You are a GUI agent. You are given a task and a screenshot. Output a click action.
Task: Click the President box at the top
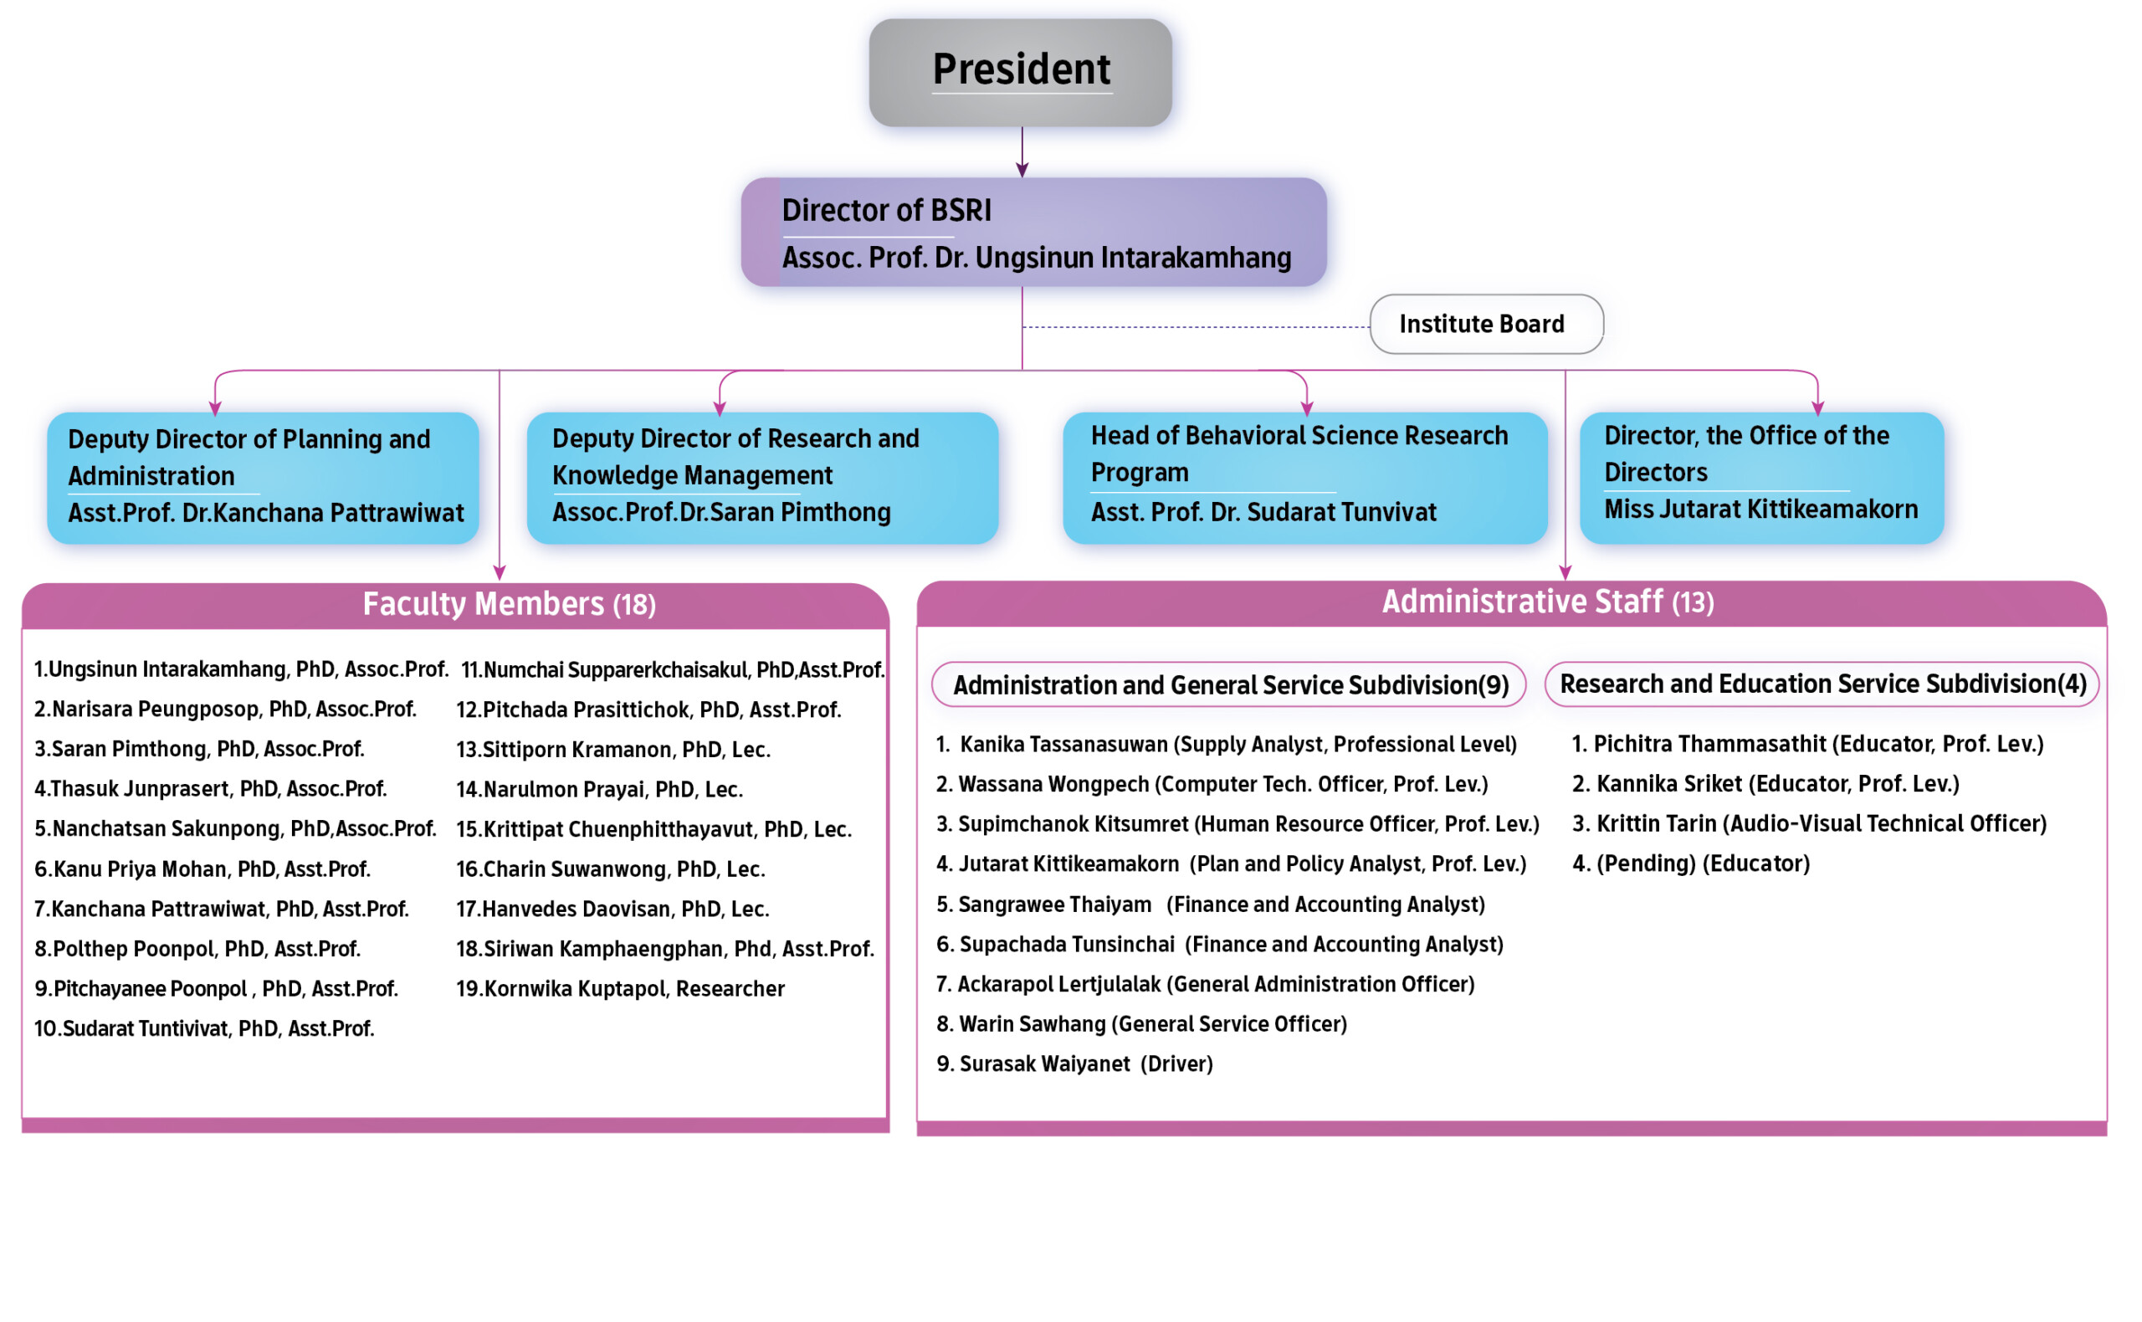1020,73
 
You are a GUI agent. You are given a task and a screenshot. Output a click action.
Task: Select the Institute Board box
1486,325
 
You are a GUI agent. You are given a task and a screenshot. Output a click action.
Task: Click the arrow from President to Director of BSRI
1022,152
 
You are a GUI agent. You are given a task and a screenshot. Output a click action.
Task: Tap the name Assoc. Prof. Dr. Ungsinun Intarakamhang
1036,258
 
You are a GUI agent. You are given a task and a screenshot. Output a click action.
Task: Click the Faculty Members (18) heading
509,604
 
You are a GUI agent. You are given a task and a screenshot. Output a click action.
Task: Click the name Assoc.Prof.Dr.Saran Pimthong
721,512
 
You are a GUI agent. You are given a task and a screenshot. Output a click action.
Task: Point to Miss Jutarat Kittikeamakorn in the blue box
1760,510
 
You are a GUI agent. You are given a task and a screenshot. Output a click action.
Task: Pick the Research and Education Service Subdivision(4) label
1822,684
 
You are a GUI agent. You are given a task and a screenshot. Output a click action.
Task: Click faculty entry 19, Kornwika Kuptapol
620,989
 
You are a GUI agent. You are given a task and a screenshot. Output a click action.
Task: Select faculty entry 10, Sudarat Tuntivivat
203,1029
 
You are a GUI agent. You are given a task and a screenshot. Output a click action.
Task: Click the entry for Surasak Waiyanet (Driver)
1074,1064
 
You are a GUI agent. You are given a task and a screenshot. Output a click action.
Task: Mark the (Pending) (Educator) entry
1691,863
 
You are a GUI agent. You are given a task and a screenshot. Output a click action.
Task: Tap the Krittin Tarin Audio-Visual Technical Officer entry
1809,823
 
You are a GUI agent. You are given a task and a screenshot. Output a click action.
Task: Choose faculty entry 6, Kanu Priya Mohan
202,869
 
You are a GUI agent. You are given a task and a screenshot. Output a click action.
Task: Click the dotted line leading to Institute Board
1196,327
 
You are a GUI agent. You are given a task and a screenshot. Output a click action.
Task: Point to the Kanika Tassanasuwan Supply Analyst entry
1226,744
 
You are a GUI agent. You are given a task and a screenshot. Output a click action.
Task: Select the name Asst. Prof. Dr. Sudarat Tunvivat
1263,512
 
